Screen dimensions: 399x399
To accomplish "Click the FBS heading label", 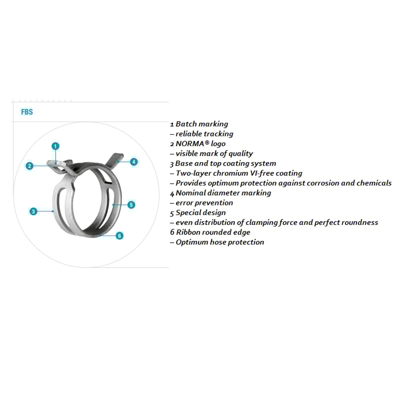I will point(27,112).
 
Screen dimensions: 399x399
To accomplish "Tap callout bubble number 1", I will point(55,146).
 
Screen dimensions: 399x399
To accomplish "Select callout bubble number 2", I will point(30,166).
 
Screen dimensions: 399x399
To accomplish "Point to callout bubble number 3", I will point(33,211).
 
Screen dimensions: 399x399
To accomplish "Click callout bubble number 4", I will point(134,162).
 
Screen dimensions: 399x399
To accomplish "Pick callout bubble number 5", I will point(131,204).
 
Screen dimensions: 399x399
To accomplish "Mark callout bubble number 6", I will point(120,235).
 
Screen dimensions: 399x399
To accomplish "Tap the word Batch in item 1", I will point(186,124).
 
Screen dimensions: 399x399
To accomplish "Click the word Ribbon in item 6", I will point(188,232).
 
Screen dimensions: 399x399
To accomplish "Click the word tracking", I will point(218,134).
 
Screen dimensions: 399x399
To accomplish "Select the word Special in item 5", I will point(189,212).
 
